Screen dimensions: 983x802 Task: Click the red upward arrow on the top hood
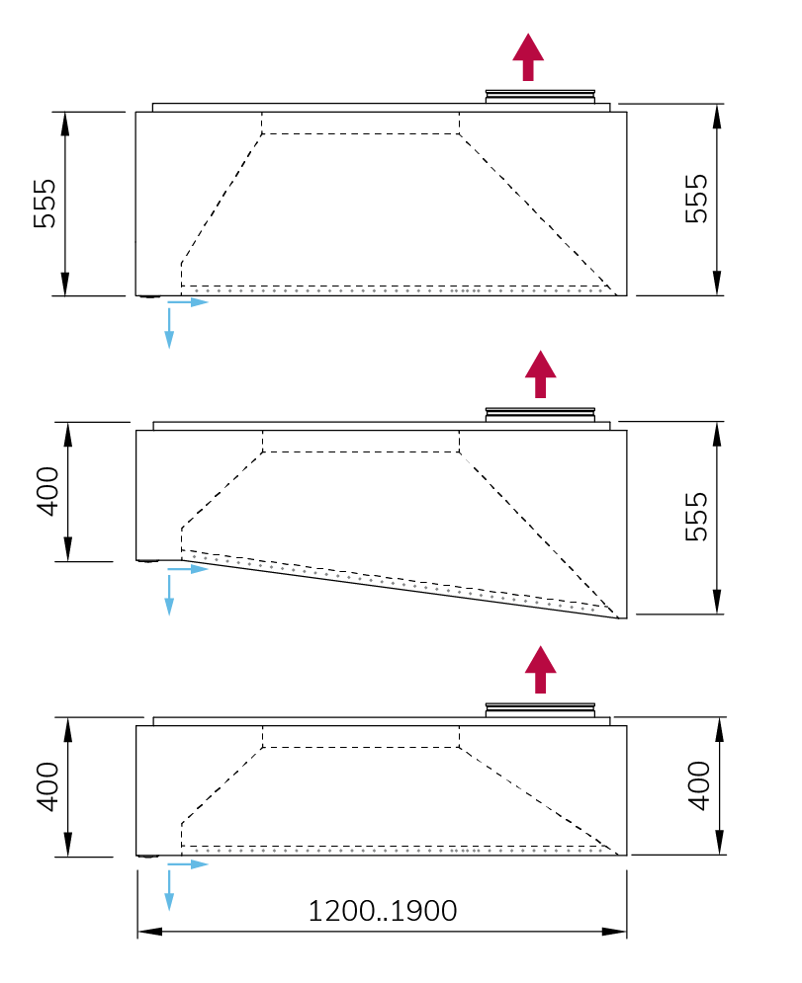(529, 56)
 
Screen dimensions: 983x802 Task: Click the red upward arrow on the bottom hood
(540, 670)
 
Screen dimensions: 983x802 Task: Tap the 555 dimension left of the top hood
(46, 204)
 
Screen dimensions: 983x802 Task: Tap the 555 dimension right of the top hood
(697, 199)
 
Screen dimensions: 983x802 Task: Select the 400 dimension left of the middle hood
(48, 492)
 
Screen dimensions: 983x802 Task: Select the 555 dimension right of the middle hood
(697, 516)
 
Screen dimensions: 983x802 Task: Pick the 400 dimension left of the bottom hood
(48, 786)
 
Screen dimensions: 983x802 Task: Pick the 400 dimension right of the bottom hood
(699, 786)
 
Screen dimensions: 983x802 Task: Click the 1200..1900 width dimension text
(383, 910)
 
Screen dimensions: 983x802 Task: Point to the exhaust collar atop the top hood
(540, 96)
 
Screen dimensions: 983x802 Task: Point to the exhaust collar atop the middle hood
(540, 414)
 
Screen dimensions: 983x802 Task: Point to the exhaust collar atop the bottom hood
(540, 709)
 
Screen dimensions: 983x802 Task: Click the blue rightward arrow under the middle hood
(192, 570)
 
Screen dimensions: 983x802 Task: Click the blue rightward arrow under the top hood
(192, 302)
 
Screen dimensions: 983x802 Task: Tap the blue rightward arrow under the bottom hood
(192, 864)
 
